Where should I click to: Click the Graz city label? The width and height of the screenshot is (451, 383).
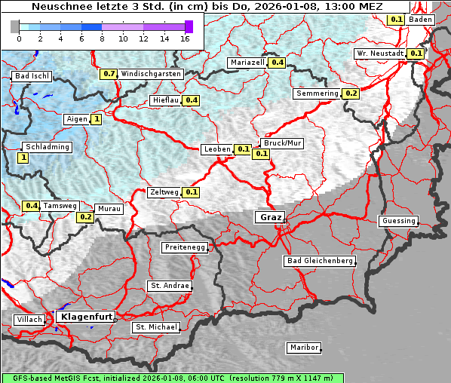pos(270,217)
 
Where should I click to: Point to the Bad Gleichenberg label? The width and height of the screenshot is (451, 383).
pos(319,261)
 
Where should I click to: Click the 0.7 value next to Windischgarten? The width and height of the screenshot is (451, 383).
pos(109,74)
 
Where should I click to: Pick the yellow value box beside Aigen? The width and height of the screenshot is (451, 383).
pos(97,119)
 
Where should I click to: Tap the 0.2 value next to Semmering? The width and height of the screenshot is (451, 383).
pos(351,93)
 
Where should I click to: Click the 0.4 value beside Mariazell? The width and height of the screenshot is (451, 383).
pos(277,63)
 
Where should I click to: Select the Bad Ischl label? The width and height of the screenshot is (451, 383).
pos(32,76)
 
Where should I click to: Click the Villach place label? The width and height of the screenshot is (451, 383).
pos(29,320)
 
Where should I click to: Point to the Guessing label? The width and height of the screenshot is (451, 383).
pos(398,221)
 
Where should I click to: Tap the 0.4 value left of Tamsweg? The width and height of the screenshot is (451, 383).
pos(31,206)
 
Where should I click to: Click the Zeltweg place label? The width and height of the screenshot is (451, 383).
pos(164,192)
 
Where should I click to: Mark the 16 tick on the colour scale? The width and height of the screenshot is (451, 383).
pos(186,38)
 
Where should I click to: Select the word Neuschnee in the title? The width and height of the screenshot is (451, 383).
pos(58,5)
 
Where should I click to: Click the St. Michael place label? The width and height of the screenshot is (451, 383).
pos(156,327)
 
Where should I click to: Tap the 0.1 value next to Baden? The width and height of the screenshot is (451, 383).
pos(397,19)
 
